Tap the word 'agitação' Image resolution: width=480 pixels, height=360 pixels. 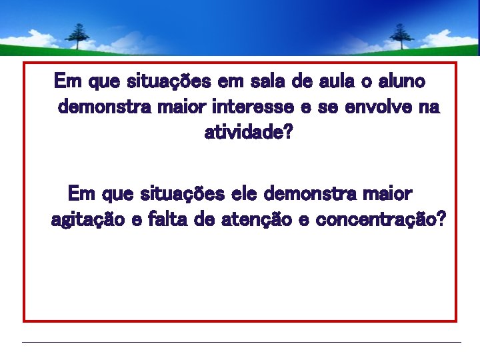[87, 220]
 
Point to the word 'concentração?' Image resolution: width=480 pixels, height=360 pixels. [377, 220]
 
